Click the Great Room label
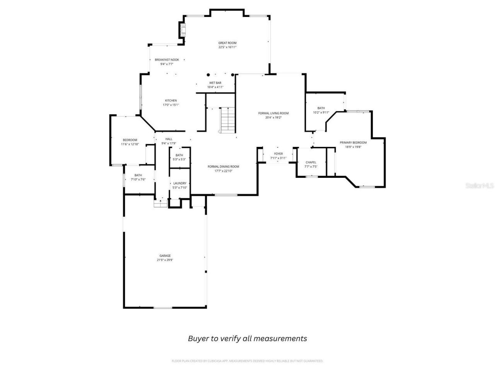[227, 43]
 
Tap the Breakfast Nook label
[167, 60]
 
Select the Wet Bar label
[215, 83]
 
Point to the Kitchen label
[171, 100]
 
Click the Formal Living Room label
[273, 113]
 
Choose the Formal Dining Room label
[223, 167]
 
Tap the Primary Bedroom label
[353, 143]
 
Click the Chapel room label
[311, 162]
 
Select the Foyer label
[278, 154]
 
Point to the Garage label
[165, 255]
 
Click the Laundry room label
[180, 183]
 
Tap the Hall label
[169, 139]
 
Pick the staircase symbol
[228, 120]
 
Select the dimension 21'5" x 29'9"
[165, 260]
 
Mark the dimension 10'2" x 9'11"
[321, 113]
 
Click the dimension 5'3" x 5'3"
[179, 159]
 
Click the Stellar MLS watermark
[479, 186]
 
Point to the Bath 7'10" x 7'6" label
[138, 175]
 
